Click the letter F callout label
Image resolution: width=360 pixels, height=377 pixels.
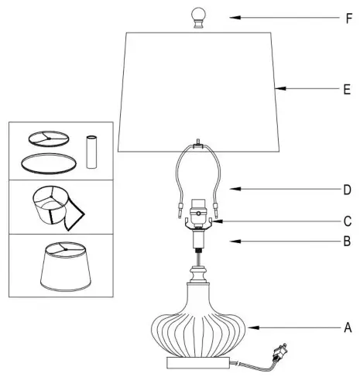pos(348,16)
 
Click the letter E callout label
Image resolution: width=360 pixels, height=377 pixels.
pos(348,90)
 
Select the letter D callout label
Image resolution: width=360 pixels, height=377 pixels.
pos(348,189)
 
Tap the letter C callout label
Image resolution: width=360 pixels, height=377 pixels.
pos(348,221)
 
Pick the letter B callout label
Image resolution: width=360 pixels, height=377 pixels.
pos(348,242)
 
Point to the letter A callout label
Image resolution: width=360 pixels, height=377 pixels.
pos(348,327)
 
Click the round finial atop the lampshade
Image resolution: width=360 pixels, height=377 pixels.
pos(197,17)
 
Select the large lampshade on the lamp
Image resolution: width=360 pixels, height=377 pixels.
pos(197,93)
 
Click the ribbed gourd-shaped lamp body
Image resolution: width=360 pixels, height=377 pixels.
pos(197,325)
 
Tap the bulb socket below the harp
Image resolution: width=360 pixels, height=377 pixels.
pos(198,216)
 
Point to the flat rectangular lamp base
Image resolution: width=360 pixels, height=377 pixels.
pos(197,362)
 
